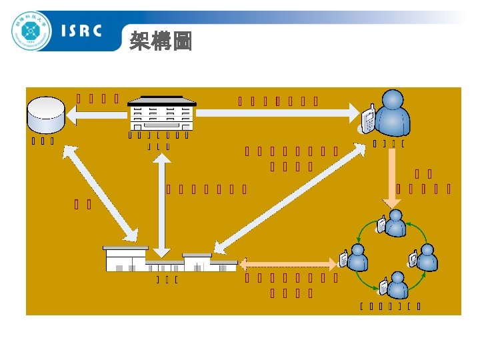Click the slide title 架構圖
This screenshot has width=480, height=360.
tap(161, 42)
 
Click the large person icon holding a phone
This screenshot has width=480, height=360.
tap(392, 113)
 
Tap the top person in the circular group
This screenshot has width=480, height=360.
tap(395, 223)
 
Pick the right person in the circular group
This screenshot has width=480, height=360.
tap(425, 257)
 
